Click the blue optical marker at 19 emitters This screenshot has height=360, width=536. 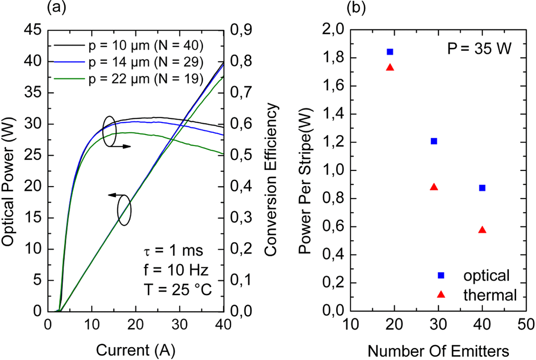click(x=390, y=52)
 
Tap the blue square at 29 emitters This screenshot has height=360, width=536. click(x=434, y=141)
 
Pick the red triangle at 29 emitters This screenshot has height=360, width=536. click(x=434, y=187)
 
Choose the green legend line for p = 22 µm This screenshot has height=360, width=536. click(x=69, y=79)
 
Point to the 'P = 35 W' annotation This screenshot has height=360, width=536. click(x=479, y=49)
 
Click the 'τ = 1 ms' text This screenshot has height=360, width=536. click(x=173, y=251)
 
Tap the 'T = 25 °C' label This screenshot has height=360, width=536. click(x=177, y=290)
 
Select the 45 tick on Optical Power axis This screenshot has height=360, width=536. click(x=33, y=30)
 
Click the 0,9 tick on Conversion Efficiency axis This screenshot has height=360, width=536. click(x=241, y=30)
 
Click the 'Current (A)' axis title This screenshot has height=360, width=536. click(x=136, y=350)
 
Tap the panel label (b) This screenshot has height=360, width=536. click(x=356, y=8)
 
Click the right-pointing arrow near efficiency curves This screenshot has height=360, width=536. click(x=121, y=146)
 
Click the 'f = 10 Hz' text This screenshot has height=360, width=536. click(x=176, y=270)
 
